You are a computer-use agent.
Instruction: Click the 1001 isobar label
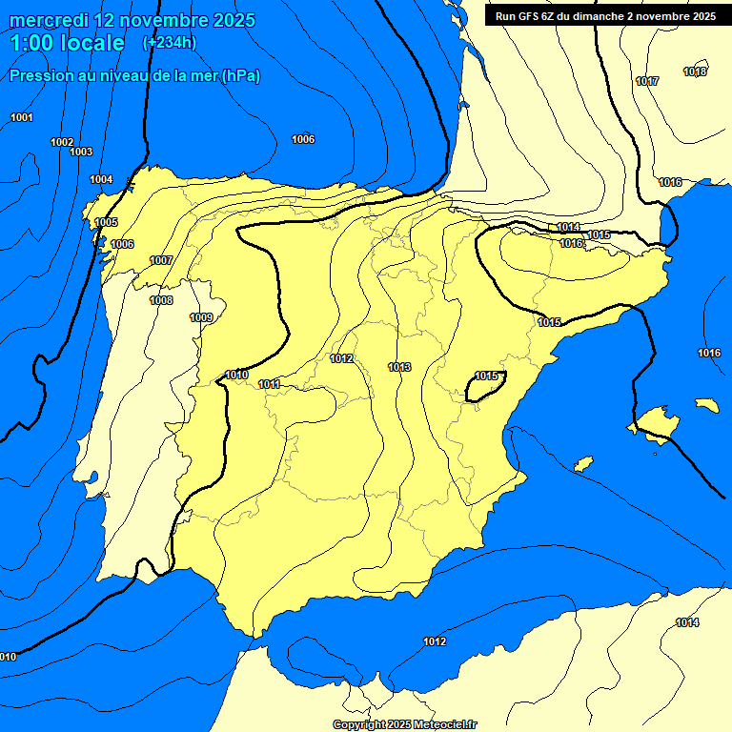tap(22, 117)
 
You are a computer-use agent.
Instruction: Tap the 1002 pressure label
tap(62, 142)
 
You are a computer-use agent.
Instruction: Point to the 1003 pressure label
tap(81, 152)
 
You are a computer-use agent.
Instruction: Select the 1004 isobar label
tap(101, 179)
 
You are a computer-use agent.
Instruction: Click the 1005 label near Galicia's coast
tap(106, 222)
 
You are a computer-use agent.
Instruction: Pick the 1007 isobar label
tap(161, 260)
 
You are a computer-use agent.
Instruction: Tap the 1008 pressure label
tap(161, 300)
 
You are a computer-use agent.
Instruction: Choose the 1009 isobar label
tap(201, 317)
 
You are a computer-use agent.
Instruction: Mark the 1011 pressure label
tap(269, 384)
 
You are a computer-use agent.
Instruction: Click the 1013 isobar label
tap(399, 367)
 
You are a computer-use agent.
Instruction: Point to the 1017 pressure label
tap(647, 82)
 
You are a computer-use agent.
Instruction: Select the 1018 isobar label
tap(695, 71)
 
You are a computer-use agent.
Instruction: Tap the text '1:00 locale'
tap(68, 43)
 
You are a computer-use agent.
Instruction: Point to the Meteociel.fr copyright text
tap(404, 724)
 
